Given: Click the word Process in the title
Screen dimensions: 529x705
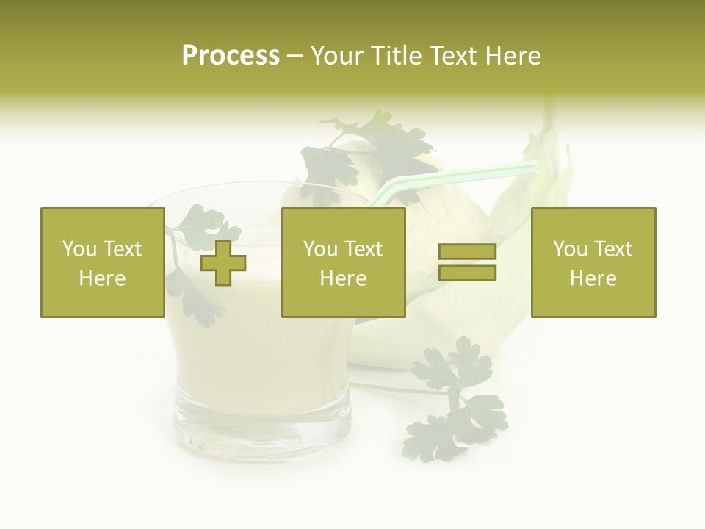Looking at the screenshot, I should pyautogui.click(x=231, y=56).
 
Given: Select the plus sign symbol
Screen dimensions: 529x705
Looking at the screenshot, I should pyautogui.click(x=223, y=263).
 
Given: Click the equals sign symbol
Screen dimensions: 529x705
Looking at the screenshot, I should pyautogui.click(x=467, y=262).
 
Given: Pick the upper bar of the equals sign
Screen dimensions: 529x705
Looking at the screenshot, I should pyautogui.click(x=467, y=251).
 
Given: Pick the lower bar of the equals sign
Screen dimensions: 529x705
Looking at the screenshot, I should pyautogui.click(x=467, y=273).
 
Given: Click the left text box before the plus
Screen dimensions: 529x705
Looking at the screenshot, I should pyautogui.click(x=103, y=262).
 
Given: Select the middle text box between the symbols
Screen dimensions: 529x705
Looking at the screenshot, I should pyautogui.click(x=343, y=262).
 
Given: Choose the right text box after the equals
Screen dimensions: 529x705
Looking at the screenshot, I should pyautogui.click(x=593, y=262).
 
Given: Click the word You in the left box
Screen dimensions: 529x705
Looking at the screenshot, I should pyautogui.click(x=79, y=249).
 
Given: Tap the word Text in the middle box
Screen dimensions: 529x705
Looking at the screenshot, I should pyautogui.click(x=364, y=249).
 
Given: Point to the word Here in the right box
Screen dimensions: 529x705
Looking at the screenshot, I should pyautogui.click(x=593, y=278).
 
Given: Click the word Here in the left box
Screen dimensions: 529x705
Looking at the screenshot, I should pyautogui.click(x=103, y=278).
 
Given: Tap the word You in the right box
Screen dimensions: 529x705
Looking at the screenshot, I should pyautogui.click(x=570, y=249).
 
